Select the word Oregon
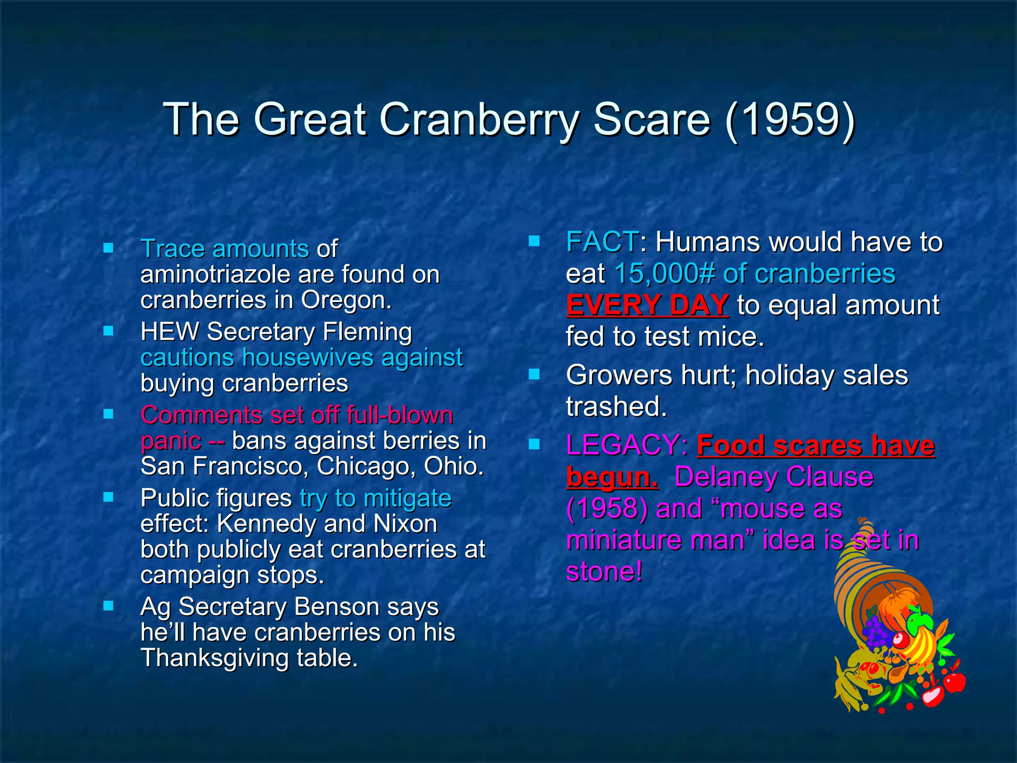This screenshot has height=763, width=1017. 346,300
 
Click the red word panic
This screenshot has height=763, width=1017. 171,441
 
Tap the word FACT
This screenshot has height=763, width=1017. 602,242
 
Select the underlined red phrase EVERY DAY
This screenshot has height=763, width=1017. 647,305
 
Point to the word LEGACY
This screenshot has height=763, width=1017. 623,445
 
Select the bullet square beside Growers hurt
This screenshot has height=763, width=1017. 534,375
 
